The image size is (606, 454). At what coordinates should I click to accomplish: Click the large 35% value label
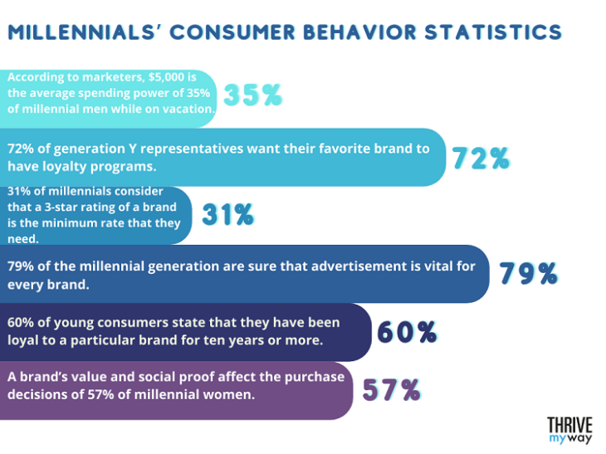coord(253,96)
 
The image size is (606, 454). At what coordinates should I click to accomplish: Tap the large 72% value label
coord(480,157)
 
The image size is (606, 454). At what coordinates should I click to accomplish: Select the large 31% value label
coord(227,215)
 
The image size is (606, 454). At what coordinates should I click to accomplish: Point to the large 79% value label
coord(527,274)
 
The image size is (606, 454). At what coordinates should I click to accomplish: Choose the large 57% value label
coord(389,390)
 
